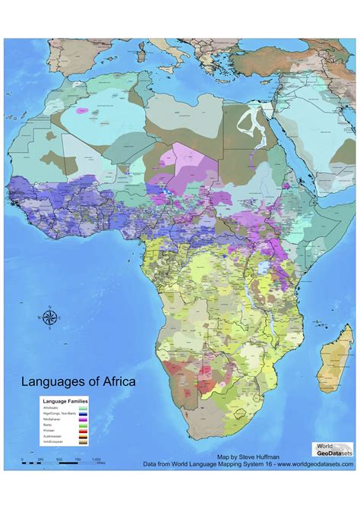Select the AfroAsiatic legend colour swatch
pos(82,409)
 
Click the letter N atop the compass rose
pos(49,307)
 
